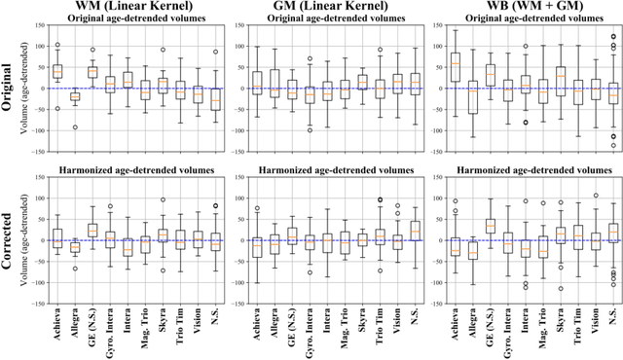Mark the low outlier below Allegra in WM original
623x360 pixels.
point(75,127)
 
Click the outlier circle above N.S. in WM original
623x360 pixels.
point(216,52)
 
